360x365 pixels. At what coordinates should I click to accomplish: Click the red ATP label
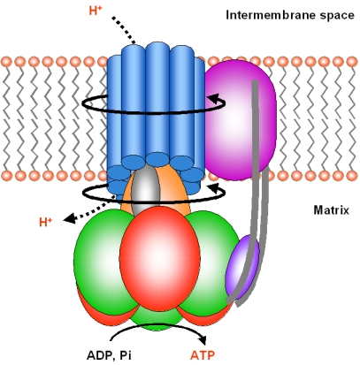[203, 355]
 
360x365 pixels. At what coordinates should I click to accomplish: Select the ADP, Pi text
[109, 355]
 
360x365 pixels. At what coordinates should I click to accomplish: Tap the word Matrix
[331, 210]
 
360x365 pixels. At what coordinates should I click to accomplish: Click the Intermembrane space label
[290, 15]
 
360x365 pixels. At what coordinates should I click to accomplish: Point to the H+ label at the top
[96, 11]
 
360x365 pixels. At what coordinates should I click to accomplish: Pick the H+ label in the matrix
[46, 222]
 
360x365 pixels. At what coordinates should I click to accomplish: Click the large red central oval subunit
[159, 258]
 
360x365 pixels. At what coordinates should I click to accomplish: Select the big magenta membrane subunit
[241, 119]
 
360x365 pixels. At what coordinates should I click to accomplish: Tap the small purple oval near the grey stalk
[242, 267]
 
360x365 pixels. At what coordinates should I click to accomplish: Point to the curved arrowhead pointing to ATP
[203, 339]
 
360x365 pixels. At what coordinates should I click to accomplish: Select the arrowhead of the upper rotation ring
[214, 98]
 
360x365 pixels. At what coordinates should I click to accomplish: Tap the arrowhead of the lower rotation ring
[214, 187]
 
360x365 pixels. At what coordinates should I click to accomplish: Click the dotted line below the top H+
[123, 30]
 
